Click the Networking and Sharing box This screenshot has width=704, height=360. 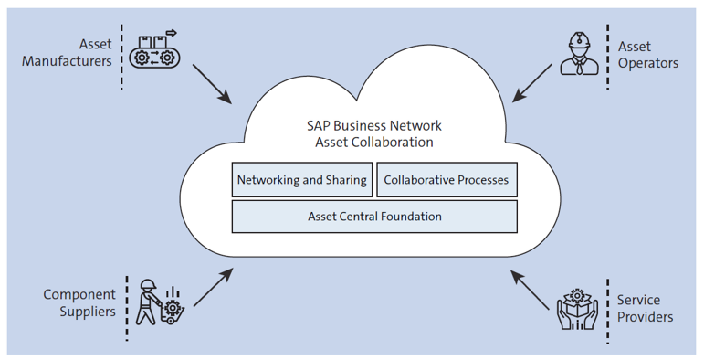(x=301, y=180)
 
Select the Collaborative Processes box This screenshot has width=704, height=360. (x=446, y=180)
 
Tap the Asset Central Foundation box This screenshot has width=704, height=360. (x=374, y=217)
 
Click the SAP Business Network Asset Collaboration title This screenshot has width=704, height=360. (x=374, y=133)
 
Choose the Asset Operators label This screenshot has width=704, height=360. (x=648, y=54)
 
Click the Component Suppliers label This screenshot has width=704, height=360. (x=80, y=302)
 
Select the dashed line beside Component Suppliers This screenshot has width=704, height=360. (x=124, y=303)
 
